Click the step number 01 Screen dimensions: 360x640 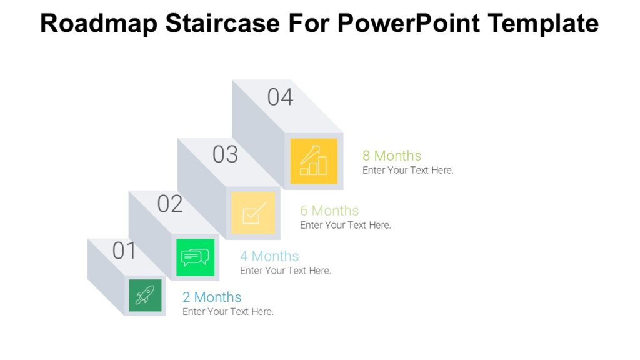point(124,251)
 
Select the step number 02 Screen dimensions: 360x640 point(170,204)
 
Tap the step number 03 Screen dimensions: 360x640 point(225,154)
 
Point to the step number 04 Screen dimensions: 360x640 point(280,97)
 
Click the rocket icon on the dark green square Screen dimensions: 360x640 point(145,295)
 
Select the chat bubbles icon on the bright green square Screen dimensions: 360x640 point(195,257)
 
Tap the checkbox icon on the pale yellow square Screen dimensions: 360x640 point(253,213)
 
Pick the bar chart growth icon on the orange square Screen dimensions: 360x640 point(314,161)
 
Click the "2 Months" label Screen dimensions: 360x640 point(212,297)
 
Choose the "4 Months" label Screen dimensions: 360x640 point(269,256)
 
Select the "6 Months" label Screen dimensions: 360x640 point(329,211)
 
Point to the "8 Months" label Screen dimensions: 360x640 point(392,156)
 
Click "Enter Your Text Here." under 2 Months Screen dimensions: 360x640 point(228,312)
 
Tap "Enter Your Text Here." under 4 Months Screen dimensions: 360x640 point(286,271)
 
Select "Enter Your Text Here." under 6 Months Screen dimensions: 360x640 point(346,225)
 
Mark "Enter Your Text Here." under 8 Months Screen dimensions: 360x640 point(408,170)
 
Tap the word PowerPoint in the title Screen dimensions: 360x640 point(409,23)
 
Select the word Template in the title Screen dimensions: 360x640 point(542,23)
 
